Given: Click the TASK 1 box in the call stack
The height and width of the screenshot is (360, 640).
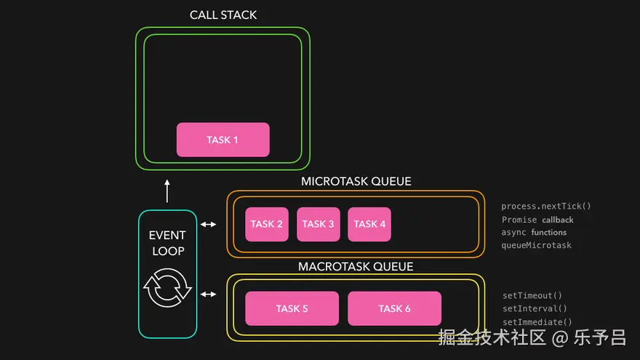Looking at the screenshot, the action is pyautogui.click(x=223, y=140).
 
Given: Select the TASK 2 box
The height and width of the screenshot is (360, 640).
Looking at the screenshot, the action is pyautogui.click(x=266, y=224).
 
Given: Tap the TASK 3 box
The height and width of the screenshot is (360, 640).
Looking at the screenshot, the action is pyautogui.click(x=318, y=224).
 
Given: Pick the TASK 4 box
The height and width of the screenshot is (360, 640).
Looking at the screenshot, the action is pyautogui.click(x=369, y=224).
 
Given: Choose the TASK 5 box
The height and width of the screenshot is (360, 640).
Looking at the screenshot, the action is pyautogui.click(x=292, y=308).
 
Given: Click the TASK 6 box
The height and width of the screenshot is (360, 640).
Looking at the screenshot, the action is pyautogui.click(x=394, y=308).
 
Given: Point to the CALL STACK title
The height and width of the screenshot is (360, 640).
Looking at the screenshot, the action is pyautogui.click(x=223, y=15).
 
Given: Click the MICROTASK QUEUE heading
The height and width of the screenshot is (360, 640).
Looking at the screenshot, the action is pyautogui.click(x=356, y=181).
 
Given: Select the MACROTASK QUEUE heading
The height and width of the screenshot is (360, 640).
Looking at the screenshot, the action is pyautogui.click(x=356, y=266).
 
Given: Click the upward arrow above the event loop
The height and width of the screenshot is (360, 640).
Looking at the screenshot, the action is pyautogui.click(x=167, y=191).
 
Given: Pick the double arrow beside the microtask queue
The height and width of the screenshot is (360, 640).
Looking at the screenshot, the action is pyautogui.click(x=208, y=224).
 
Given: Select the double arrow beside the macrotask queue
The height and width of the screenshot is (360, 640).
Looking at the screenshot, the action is pyautogui.click(x=208, y=294).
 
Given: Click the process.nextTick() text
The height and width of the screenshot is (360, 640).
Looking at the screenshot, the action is pyautogui.click(x=546, y=206).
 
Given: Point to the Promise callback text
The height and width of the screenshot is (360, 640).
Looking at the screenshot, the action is pyautogui.click(x=537, y=220).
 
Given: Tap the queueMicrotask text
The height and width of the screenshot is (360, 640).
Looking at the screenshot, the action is pyautogui.click(x=536, y=245).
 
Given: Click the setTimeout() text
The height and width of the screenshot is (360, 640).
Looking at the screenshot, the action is pyautogui.click(x=532, y=295).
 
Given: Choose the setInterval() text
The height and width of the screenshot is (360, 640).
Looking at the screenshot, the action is pyautogui.click(x=535, y=308).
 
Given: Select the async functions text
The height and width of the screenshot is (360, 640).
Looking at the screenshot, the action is pyautogui.click(x=534, y=232).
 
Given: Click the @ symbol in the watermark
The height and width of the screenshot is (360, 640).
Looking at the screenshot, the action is pyautogui.click(x=560, y=338).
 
